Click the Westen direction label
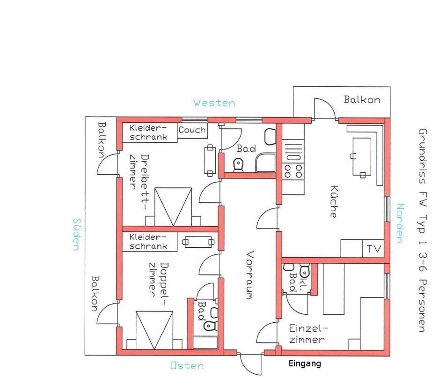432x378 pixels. [214, 103]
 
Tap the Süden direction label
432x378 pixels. [77, 235]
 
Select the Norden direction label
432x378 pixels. [400, 223]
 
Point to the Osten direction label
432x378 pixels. [187, 366]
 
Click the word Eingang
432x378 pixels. [305, 364]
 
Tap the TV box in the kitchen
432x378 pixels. [373, 248]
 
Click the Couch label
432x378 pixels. [192, 130]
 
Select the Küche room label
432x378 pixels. [334, 201]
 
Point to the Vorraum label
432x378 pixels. [249, 274]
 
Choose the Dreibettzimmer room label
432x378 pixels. [139, 177]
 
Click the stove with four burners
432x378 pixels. [293, 159]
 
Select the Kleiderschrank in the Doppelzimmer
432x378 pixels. [149, 242]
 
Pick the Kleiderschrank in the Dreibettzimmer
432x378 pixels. [149, 133]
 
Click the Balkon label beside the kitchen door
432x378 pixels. [362, 99]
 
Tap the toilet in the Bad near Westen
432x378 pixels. [238, 164]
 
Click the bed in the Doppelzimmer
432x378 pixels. [154, 330]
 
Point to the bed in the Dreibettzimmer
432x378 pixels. [173, 207]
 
